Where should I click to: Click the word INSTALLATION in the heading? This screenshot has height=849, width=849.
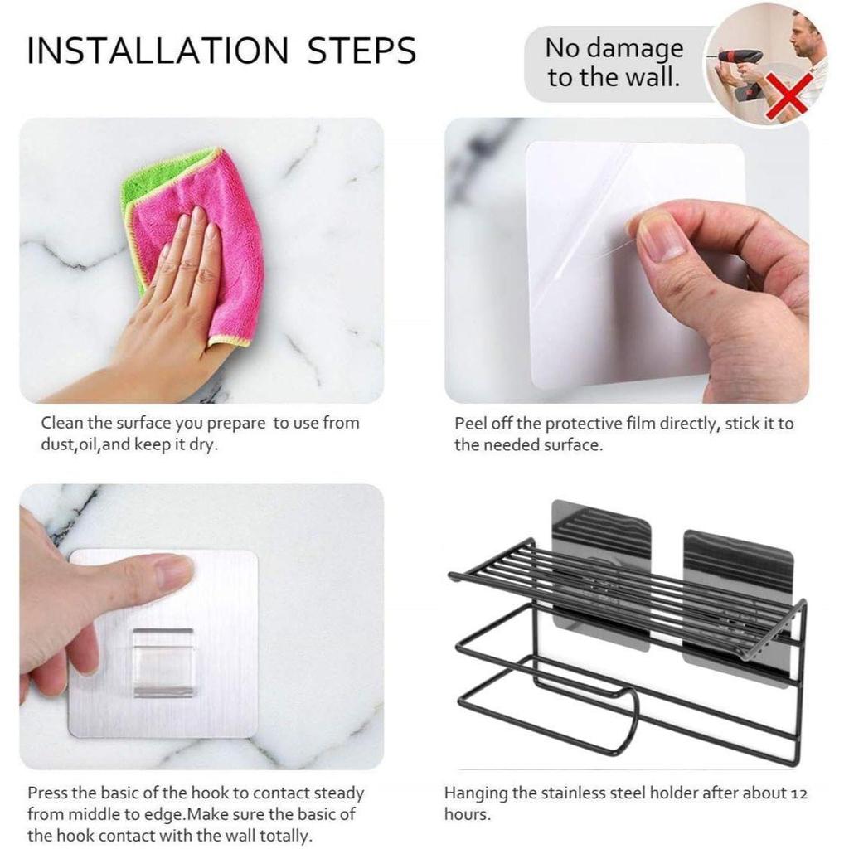(158, 51)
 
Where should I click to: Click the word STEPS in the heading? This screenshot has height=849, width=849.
(361, 51)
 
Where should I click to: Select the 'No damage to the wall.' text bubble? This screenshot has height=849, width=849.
(614, 63)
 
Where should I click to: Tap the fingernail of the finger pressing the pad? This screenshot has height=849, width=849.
(174, 573)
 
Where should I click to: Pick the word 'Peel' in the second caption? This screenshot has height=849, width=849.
(471, 424)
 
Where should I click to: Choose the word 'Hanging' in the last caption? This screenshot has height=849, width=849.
(477, 793)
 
